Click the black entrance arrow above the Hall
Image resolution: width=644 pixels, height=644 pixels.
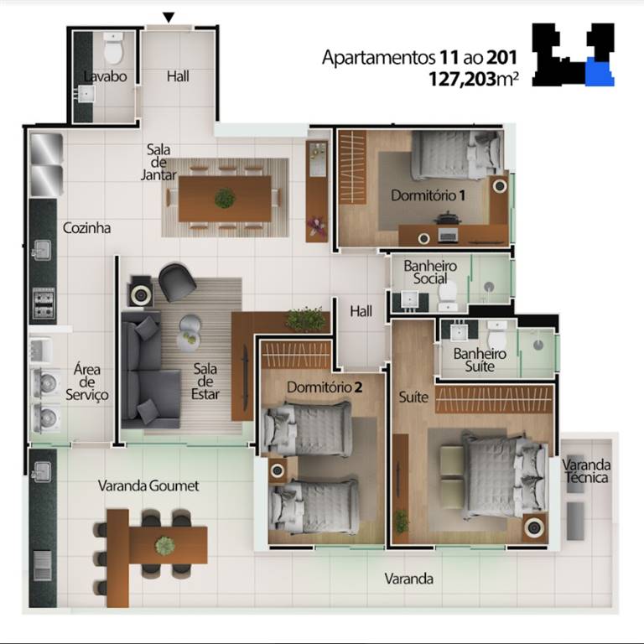tap(169, 17)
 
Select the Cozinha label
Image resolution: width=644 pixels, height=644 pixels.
tap(86, 227)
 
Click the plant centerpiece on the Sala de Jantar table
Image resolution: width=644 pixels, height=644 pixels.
tap(224, 199)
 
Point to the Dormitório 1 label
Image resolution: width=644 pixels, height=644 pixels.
tap(428, 195)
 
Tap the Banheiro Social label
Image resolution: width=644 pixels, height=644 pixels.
tap(430, 272)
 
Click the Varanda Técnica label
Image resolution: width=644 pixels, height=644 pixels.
tap(587, 471)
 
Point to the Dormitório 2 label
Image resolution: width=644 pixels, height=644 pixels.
tap(324, 387)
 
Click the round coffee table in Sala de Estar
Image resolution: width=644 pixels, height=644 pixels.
tap(189, 330)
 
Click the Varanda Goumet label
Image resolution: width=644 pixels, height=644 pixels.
tap(148, 486)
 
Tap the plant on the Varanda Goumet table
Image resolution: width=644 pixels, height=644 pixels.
tap(165, 545)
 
